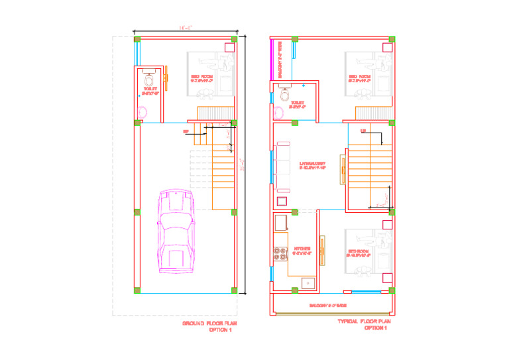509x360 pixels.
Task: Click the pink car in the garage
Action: (x=176, y=231)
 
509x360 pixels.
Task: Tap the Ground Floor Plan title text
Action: (x=209, y=324)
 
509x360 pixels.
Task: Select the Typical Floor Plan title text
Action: (x=364, y=321)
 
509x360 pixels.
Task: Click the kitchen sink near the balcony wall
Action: (x=308, y=283)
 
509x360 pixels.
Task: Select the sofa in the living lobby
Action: (x=283, y=164)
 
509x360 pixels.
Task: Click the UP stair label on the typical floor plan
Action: (x=363, y=131)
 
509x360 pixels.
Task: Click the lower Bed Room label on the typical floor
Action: (x=358, y=253)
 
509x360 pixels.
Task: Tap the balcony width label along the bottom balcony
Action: (x=329, y=306)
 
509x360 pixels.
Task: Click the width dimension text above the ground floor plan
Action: (x=186, y=27)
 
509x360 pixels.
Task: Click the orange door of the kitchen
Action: (x=322, y=251)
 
